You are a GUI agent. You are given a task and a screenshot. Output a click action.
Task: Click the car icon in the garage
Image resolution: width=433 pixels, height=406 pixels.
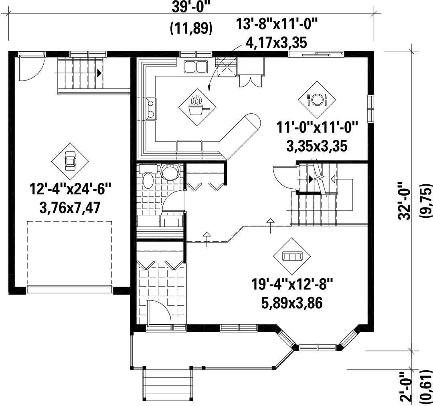[x=71, y=162]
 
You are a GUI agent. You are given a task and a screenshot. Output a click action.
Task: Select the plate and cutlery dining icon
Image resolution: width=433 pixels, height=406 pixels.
[x=317, y=99]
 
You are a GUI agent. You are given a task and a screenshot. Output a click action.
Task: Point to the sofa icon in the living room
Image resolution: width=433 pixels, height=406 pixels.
[x=292, y=257]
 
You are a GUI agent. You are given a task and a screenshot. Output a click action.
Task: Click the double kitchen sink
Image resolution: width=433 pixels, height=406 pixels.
[x=196, y=67]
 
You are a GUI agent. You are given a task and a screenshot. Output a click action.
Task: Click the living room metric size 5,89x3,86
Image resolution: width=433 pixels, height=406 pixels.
[x=292, y=303]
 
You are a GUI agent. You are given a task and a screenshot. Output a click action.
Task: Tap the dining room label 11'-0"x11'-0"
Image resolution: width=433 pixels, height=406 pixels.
[x=317, y=129]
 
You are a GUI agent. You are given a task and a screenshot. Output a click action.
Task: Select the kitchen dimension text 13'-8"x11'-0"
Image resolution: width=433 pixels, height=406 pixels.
[x=276, y=25]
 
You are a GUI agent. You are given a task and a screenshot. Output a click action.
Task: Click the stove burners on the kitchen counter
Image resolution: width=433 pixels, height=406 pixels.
[x=151, y=108]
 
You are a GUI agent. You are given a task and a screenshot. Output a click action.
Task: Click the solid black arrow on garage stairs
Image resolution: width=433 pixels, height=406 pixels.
[x=99, y=73]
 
